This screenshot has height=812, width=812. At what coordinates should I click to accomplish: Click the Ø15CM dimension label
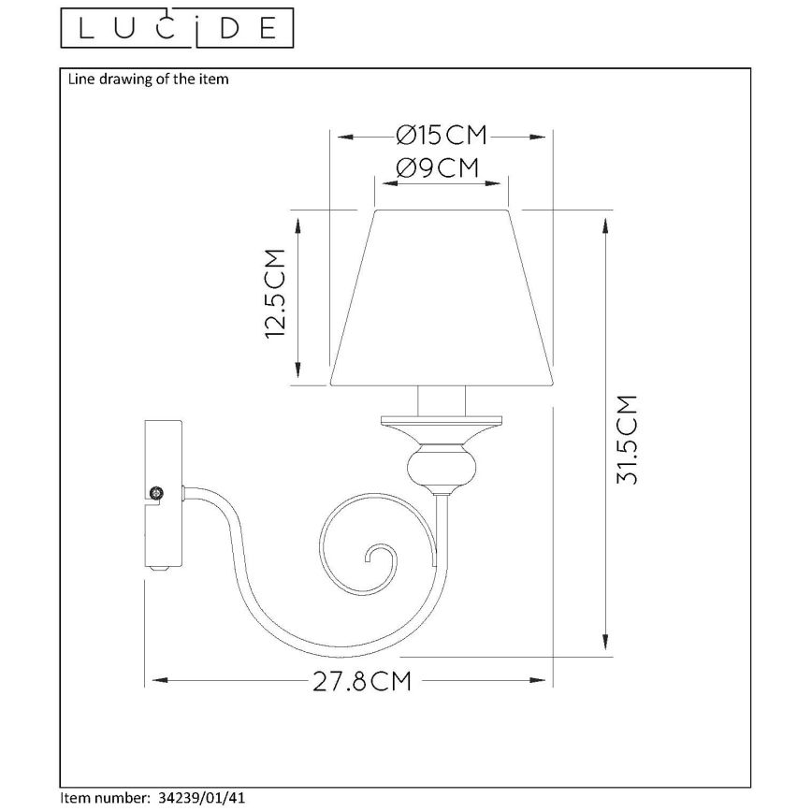442,137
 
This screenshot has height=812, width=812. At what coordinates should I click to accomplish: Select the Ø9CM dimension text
438,168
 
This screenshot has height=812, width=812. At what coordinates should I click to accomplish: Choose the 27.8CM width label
363,680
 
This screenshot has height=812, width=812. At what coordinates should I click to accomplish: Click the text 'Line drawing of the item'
148,80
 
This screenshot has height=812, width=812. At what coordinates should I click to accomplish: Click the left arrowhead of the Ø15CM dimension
342,138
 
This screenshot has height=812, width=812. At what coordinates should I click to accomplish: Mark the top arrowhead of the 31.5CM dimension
606,225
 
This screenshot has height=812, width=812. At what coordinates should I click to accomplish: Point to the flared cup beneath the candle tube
442,430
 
